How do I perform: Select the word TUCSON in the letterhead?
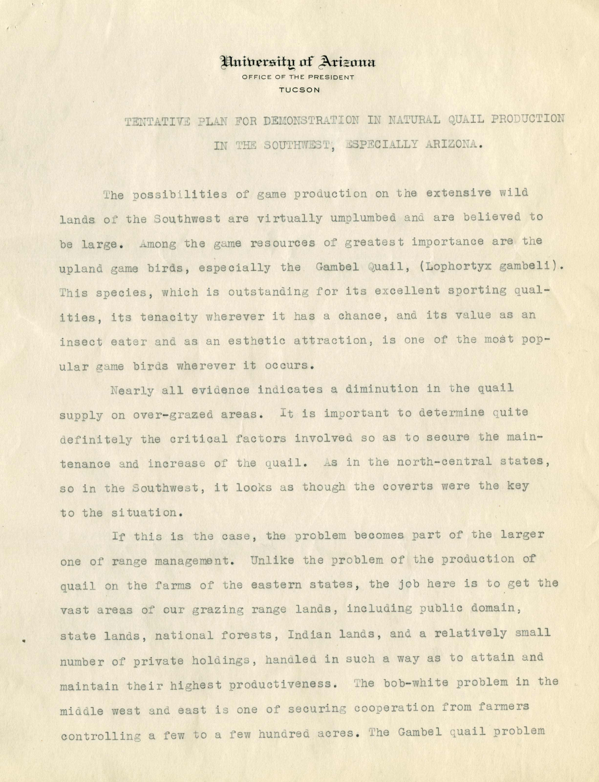coord(299,90)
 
